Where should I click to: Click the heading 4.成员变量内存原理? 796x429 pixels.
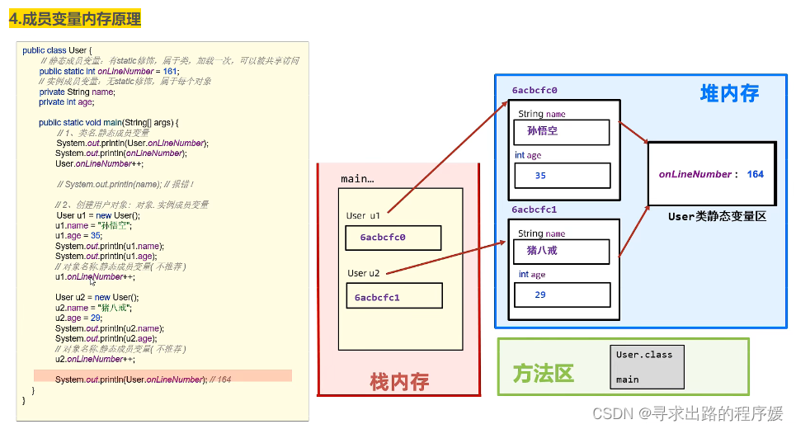pyautogui.click(x=75, y=18)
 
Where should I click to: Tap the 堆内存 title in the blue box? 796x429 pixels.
pyautogui.click(x=729, y=93)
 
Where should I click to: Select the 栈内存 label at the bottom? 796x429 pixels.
pyautogui.click(x=399, y=381)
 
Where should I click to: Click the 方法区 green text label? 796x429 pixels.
pyautogui.click(x=543, y=373)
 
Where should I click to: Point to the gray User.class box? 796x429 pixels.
pyautogui.click(x=647, y=367)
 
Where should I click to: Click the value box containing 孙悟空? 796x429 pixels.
pyautogui.click(x=561, y=132)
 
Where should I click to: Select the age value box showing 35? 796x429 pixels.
pyautogui.click(x=562, y=176)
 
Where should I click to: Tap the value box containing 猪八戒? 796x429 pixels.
pyautogui.click(x=561, y=251)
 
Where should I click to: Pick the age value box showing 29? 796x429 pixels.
pyautogui.click(x=562, y=295)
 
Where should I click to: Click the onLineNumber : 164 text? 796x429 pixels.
pyautogui.click(x=711, y=174)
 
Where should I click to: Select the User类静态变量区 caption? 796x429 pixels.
pyautogui.click(x=717, y=216)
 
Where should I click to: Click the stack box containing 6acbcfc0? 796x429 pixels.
pyautogui.click(x=393, y=238)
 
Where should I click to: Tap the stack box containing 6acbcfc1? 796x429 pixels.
pyautogui.click(x=394, y=296)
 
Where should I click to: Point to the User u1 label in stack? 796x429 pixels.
pyautogui.click(x=363, y=215)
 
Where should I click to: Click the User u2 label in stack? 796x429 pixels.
pyautogui.click(x=364, y=273)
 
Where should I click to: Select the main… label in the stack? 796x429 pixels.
pyautogui.click(x=357, y=179)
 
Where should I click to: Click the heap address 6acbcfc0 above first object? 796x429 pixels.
pyautogui.click(x=535, y=90)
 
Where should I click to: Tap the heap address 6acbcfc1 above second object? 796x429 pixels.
pyautogui.click(x=535, y=210)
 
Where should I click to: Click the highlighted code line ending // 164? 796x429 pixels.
pyautogui.click(x=162, y=379)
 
